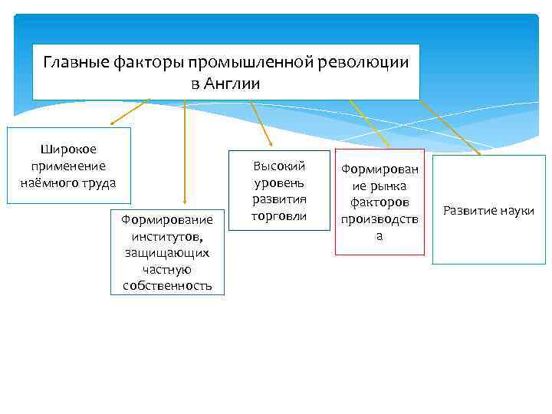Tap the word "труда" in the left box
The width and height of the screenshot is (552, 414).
pos(100,182)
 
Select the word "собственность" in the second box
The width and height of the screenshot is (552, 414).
pos(167,286)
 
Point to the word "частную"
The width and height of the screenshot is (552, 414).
pos(167,269)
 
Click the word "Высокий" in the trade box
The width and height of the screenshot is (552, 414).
pos(280,166)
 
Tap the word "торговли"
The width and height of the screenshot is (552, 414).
pos(280,216)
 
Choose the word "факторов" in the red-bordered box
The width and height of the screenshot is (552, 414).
pos(379,202)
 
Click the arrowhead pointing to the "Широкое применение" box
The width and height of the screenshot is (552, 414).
pos(113,121)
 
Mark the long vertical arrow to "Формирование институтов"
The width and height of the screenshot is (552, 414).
pos(184,153)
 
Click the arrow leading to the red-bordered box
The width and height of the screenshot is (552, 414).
pos(364,123)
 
